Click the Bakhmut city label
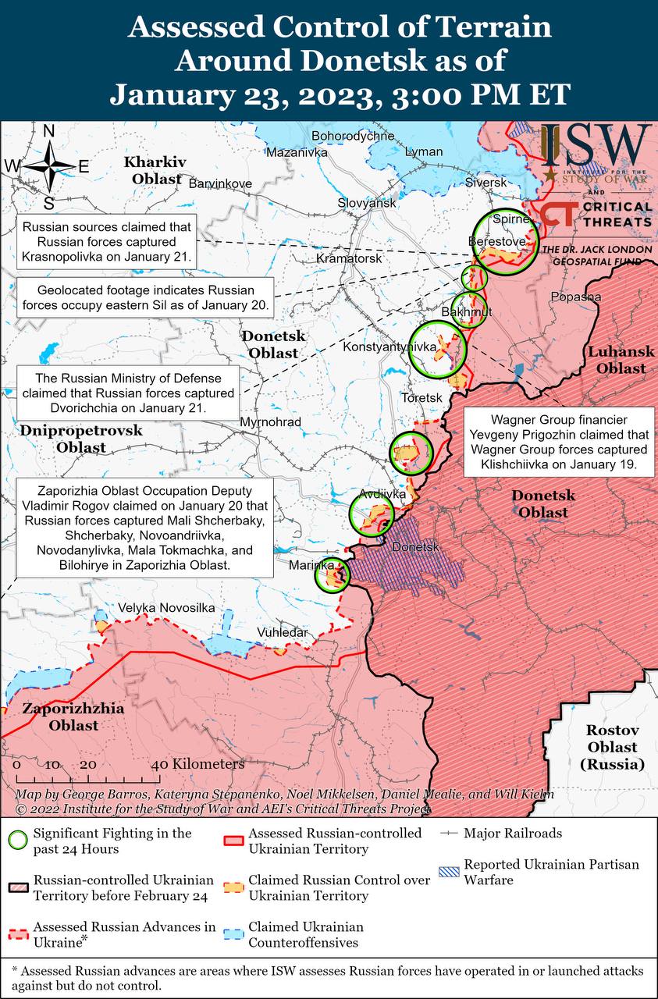(x=466, y=313)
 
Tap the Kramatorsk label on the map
(x=349, y=258)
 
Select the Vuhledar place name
(x=283, y=632)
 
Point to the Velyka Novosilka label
(x=166, y=608)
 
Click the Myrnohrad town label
(x=270, y=421)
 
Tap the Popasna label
(x=575, y=297)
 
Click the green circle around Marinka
(x=332, y=577)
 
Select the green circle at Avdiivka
(x=371, y=514)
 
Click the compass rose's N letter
(x=48, y=132)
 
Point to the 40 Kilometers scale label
(x=197, y=764)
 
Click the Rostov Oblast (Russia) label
(x=613, y=747)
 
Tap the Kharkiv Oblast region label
(x=155, y=170)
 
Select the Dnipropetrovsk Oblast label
(x=81, y=439)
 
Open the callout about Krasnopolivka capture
(x=107, y=241)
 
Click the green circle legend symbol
(x=17, y=841)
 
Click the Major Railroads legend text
(x=512, y=834)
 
